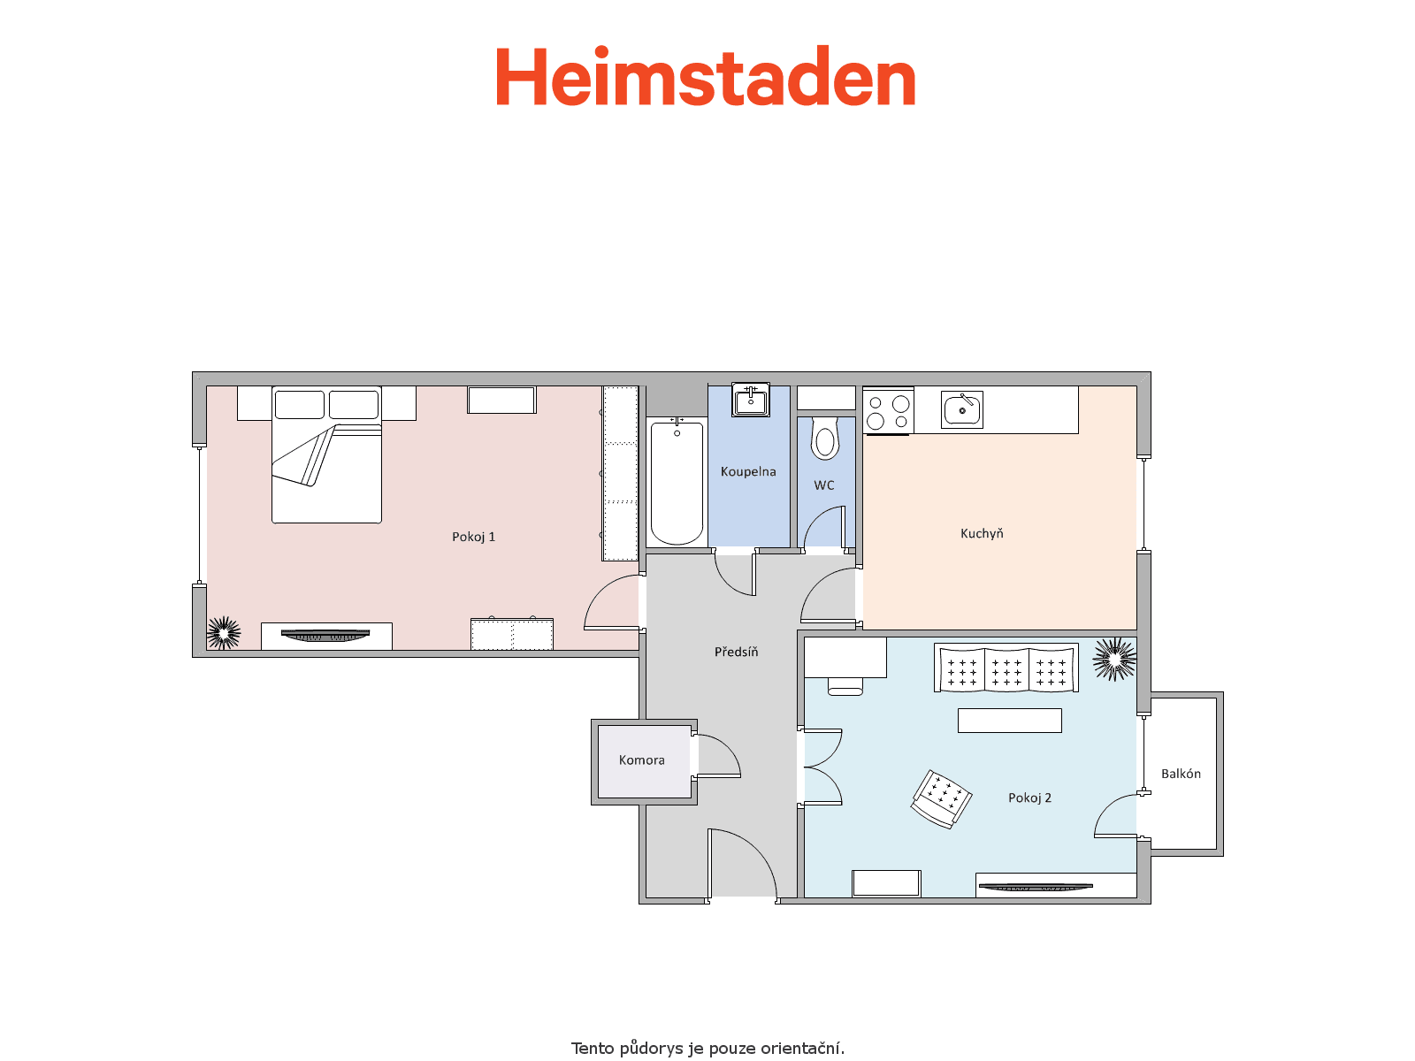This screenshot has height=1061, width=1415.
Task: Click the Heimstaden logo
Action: tap(705, 76)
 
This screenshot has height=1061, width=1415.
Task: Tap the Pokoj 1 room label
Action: tap(474, 537)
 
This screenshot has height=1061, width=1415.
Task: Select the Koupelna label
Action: tap(748, 471)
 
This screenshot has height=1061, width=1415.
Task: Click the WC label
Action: tap(824, 485)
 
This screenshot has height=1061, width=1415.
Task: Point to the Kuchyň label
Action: tap(982, 533)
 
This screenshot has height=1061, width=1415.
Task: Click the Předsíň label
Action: tap(736, 652)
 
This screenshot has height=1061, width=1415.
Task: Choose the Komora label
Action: tap(641, 759)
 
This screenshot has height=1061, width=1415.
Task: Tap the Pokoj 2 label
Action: tap(1029, 798)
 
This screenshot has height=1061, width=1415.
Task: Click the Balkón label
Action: tap(1181, 773)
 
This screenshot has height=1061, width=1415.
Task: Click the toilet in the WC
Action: tap(824, 438)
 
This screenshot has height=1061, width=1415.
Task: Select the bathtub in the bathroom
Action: tap(677, 483)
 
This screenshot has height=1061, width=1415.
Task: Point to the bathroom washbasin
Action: tap(750, 400)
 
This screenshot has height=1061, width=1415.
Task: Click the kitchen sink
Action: tap(962, 409)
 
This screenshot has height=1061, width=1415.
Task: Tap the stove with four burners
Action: tap(888, 411)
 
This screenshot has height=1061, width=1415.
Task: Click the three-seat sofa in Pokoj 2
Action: tap(1006, 668)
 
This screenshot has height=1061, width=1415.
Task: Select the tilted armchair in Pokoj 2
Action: tap(941, 798)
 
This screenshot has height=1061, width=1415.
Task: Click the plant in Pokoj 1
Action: tap(224, 632)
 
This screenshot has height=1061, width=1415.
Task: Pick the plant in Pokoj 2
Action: tap(1114, 659)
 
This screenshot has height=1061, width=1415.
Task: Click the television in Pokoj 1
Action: tap(325, 635)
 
